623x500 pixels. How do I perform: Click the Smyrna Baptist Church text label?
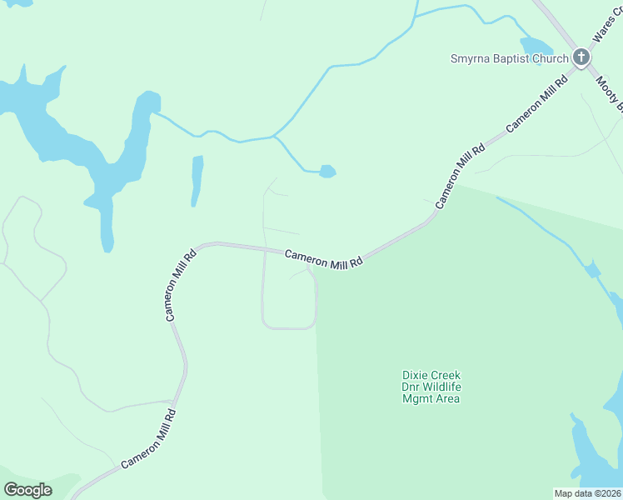pos(509,58)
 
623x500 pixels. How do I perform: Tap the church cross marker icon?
pos(581,57)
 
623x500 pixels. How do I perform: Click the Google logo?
pos(27,490)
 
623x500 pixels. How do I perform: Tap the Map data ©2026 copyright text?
pos(588,493)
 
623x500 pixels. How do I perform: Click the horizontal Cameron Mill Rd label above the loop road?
pos(324,259)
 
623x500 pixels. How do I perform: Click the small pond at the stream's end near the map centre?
pos(327,172)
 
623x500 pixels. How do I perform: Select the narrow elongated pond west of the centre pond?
pos(197,180)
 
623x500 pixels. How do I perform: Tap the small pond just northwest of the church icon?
pos(536,46)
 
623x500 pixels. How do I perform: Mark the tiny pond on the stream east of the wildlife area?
pos(592,270)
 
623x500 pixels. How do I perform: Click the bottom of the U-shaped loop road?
pos(288,327)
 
